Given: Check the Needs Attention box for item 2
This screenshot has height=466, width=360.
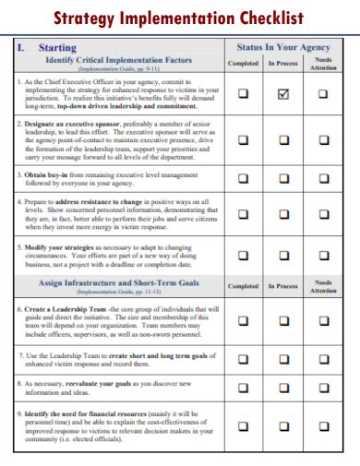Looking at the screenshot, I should pyautogui.click(x=323, y=140).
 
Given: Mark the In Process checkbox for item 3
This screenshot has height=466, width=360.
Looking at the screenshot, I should pyautogui.click(x=283, y=179).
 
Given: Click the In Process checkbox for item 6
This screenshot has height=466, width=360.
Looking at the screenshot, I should pyautogui.click(x=283, y=321).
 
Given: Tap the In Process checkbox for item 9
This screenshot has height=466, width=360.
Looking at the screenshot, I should pyautogui.click(x=283, y=426).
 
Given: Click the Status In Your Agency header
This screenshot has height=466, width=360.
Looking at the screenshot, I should pyautogui.click(x=283, y=46).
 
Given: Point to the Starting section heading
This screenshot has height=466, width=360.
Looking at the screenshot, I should pyautogui.click(x=57, y=46).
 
